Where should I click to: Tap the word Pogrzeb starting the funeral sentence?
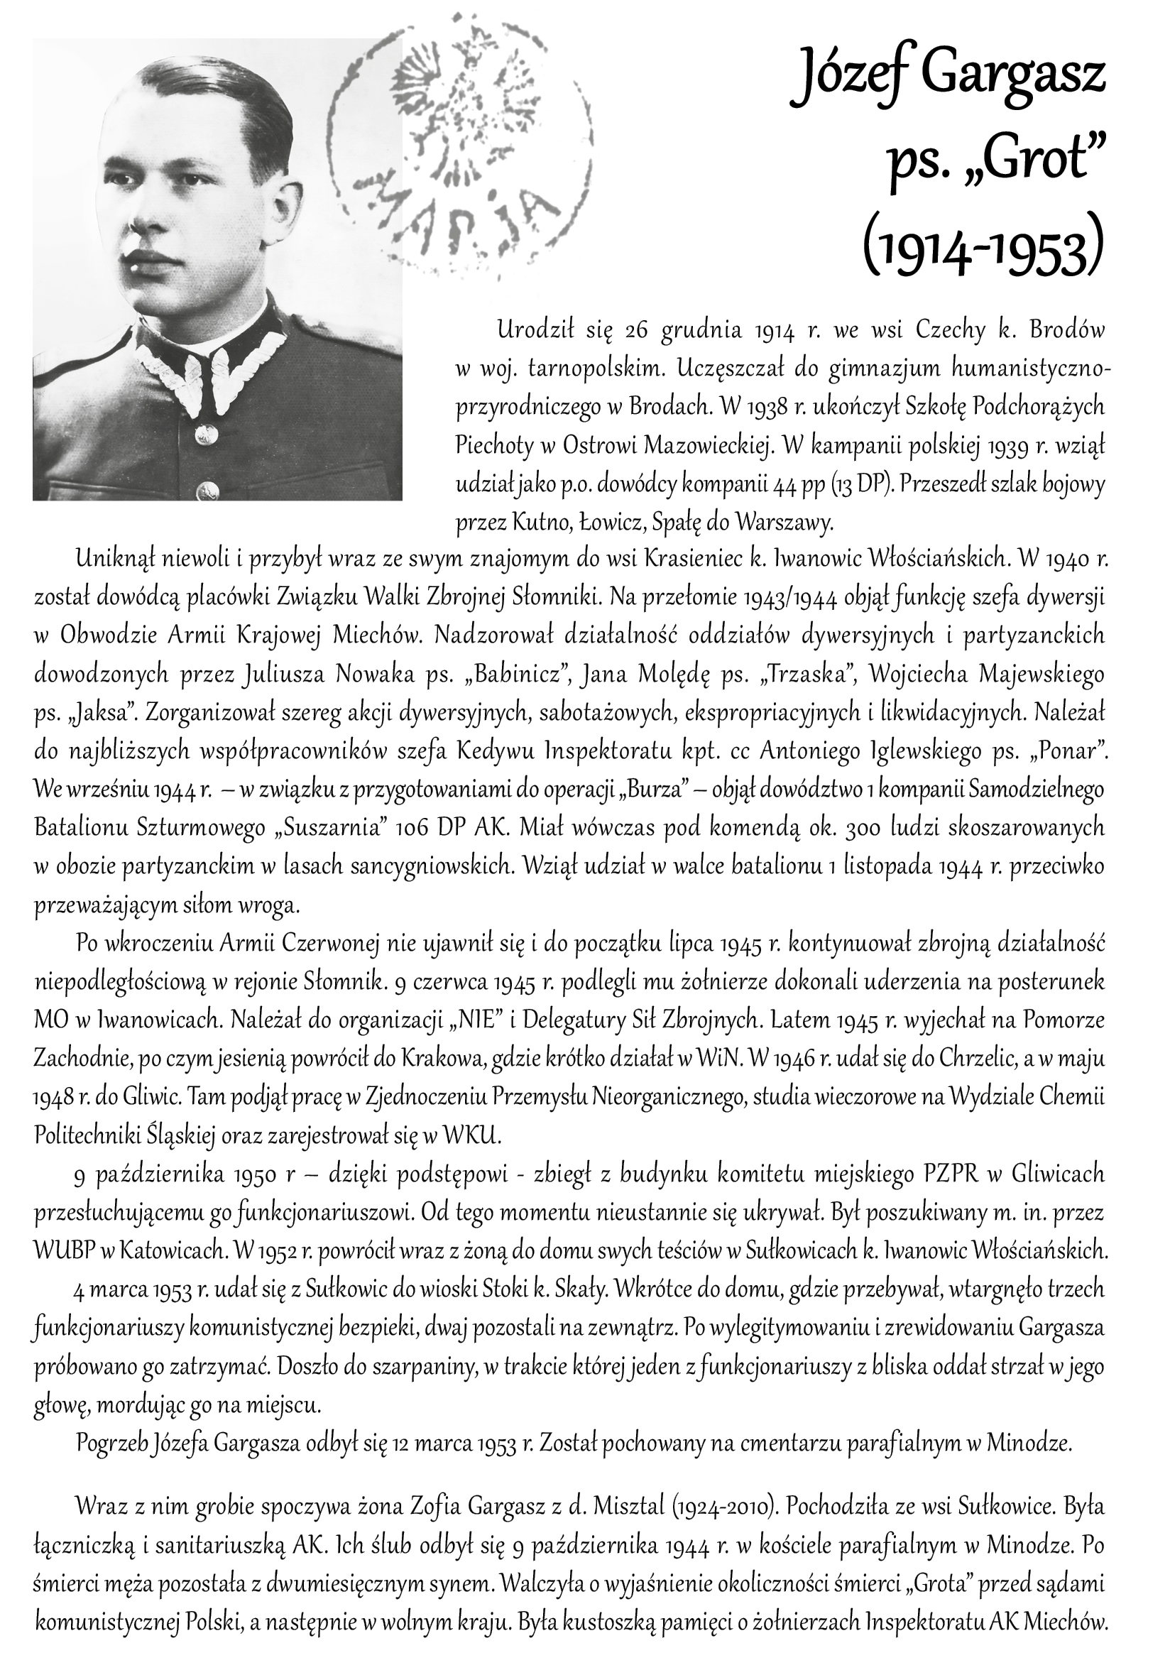[110, 1441]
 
